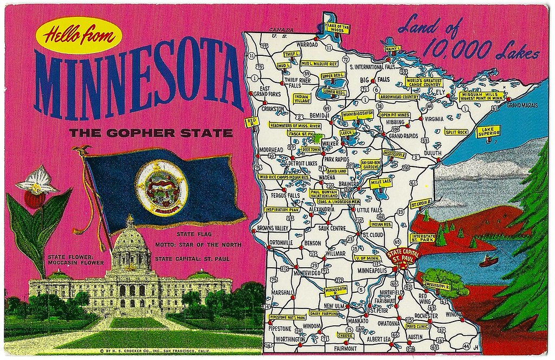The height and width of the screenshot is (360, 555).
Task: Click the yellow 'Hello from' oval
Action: click(79, 36)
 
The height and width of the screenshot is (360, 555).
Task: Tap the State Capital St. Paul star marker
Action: click(403, 255)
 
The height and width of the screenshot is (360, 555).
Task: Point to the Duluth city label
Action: click(433, 153)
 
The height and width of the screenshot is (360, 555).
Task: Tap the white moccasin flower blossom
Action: click(37, 181)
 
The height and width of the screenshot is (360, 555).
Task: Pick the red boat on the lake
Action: click(489, 261)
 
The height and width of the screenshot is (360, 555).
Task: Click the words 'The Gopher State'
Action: click(151, 132)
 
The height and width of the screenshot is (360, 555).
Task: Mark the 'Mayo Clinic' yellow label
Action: click(417, 327)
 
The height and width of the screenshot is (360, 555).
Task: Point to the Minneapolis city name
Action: click(372, 270)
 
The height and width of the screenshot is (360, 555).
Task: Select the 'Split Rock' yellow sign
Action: click(456, 132)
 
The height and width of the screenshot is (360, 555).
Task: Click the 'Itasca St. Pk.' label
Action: click(300, 133)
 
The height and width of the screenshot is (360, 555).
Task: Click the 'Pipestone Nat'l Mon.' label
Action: click(287, 317)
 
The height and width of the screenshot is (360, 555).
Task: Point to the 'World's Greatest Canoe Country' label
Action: click(423, 82)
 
